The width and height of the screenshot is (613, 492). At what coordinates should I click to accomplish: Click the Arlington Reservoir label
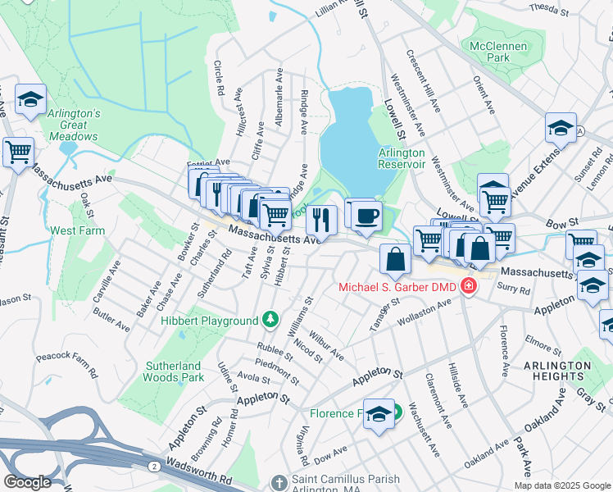tap(402, 158)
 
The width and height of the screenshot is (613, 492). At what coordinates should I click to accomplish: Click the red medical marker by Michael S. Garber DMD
tap(468, 286)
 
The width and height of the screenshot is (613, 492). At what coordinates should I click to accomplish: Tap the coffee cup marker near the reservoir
tap(366, 216)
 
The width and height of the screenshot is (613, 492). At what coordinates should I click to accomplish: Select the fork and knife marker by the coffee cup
tap(321, 220)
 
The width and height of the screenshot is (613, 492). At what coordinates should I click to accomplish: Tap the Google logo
tap(28, 482)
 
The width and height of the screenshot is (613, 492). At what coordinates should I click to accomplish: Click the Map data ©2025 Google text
tap(562, 485)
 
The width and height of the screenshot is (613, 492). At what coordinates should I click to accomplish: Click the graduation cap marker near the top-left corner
tap(31, 100)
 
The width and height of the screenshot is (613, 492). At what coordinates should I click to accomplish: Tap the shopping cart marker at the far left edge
tap(17, 152)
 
